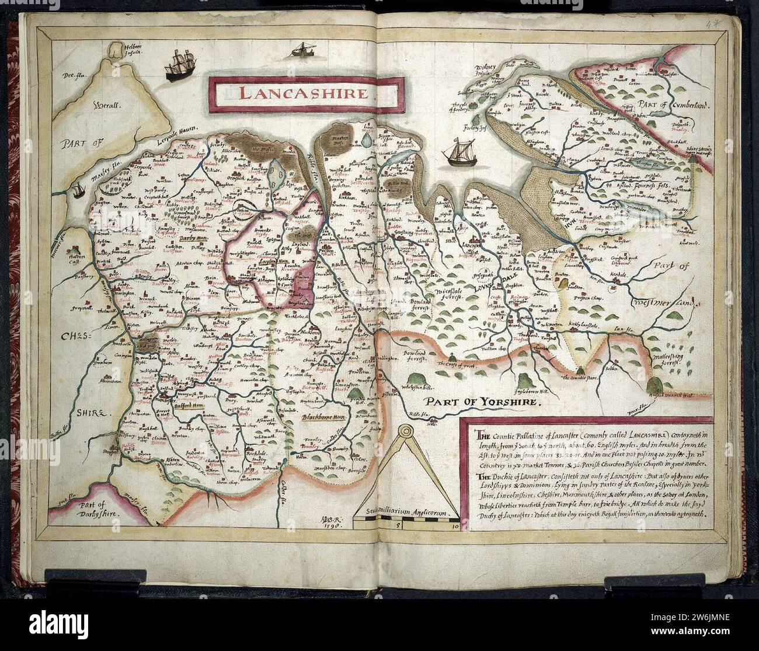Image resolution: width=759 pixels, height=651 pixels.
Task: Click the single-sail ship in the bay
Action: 457,153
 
